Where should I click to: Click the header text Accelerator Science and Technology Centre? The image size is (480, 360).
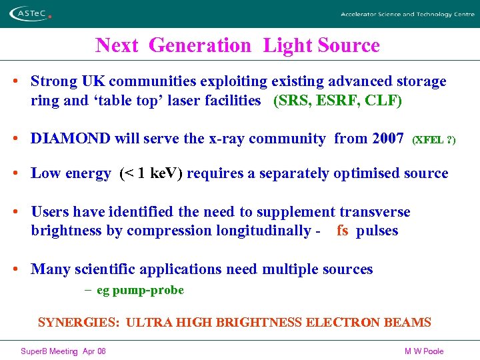point(407,14)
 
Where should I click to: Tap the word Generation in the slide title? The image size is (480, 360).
point(200,45)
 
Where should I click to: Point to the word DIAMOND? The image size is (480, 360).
point(71,139)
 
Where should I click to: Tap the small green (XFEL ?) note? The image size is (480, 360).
point(434,140)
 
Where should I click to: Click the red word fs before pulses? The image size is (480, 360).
point(343,231)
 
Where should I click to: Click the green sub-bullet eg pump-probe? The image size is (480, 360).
point(140,290)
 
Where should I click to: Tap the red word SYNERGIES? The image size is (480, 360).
point(79,323)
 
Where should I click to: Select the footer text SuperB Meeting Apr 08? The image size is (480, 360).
point(63,351)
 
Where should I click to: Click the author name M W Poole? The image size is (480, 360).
point(424,351)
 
